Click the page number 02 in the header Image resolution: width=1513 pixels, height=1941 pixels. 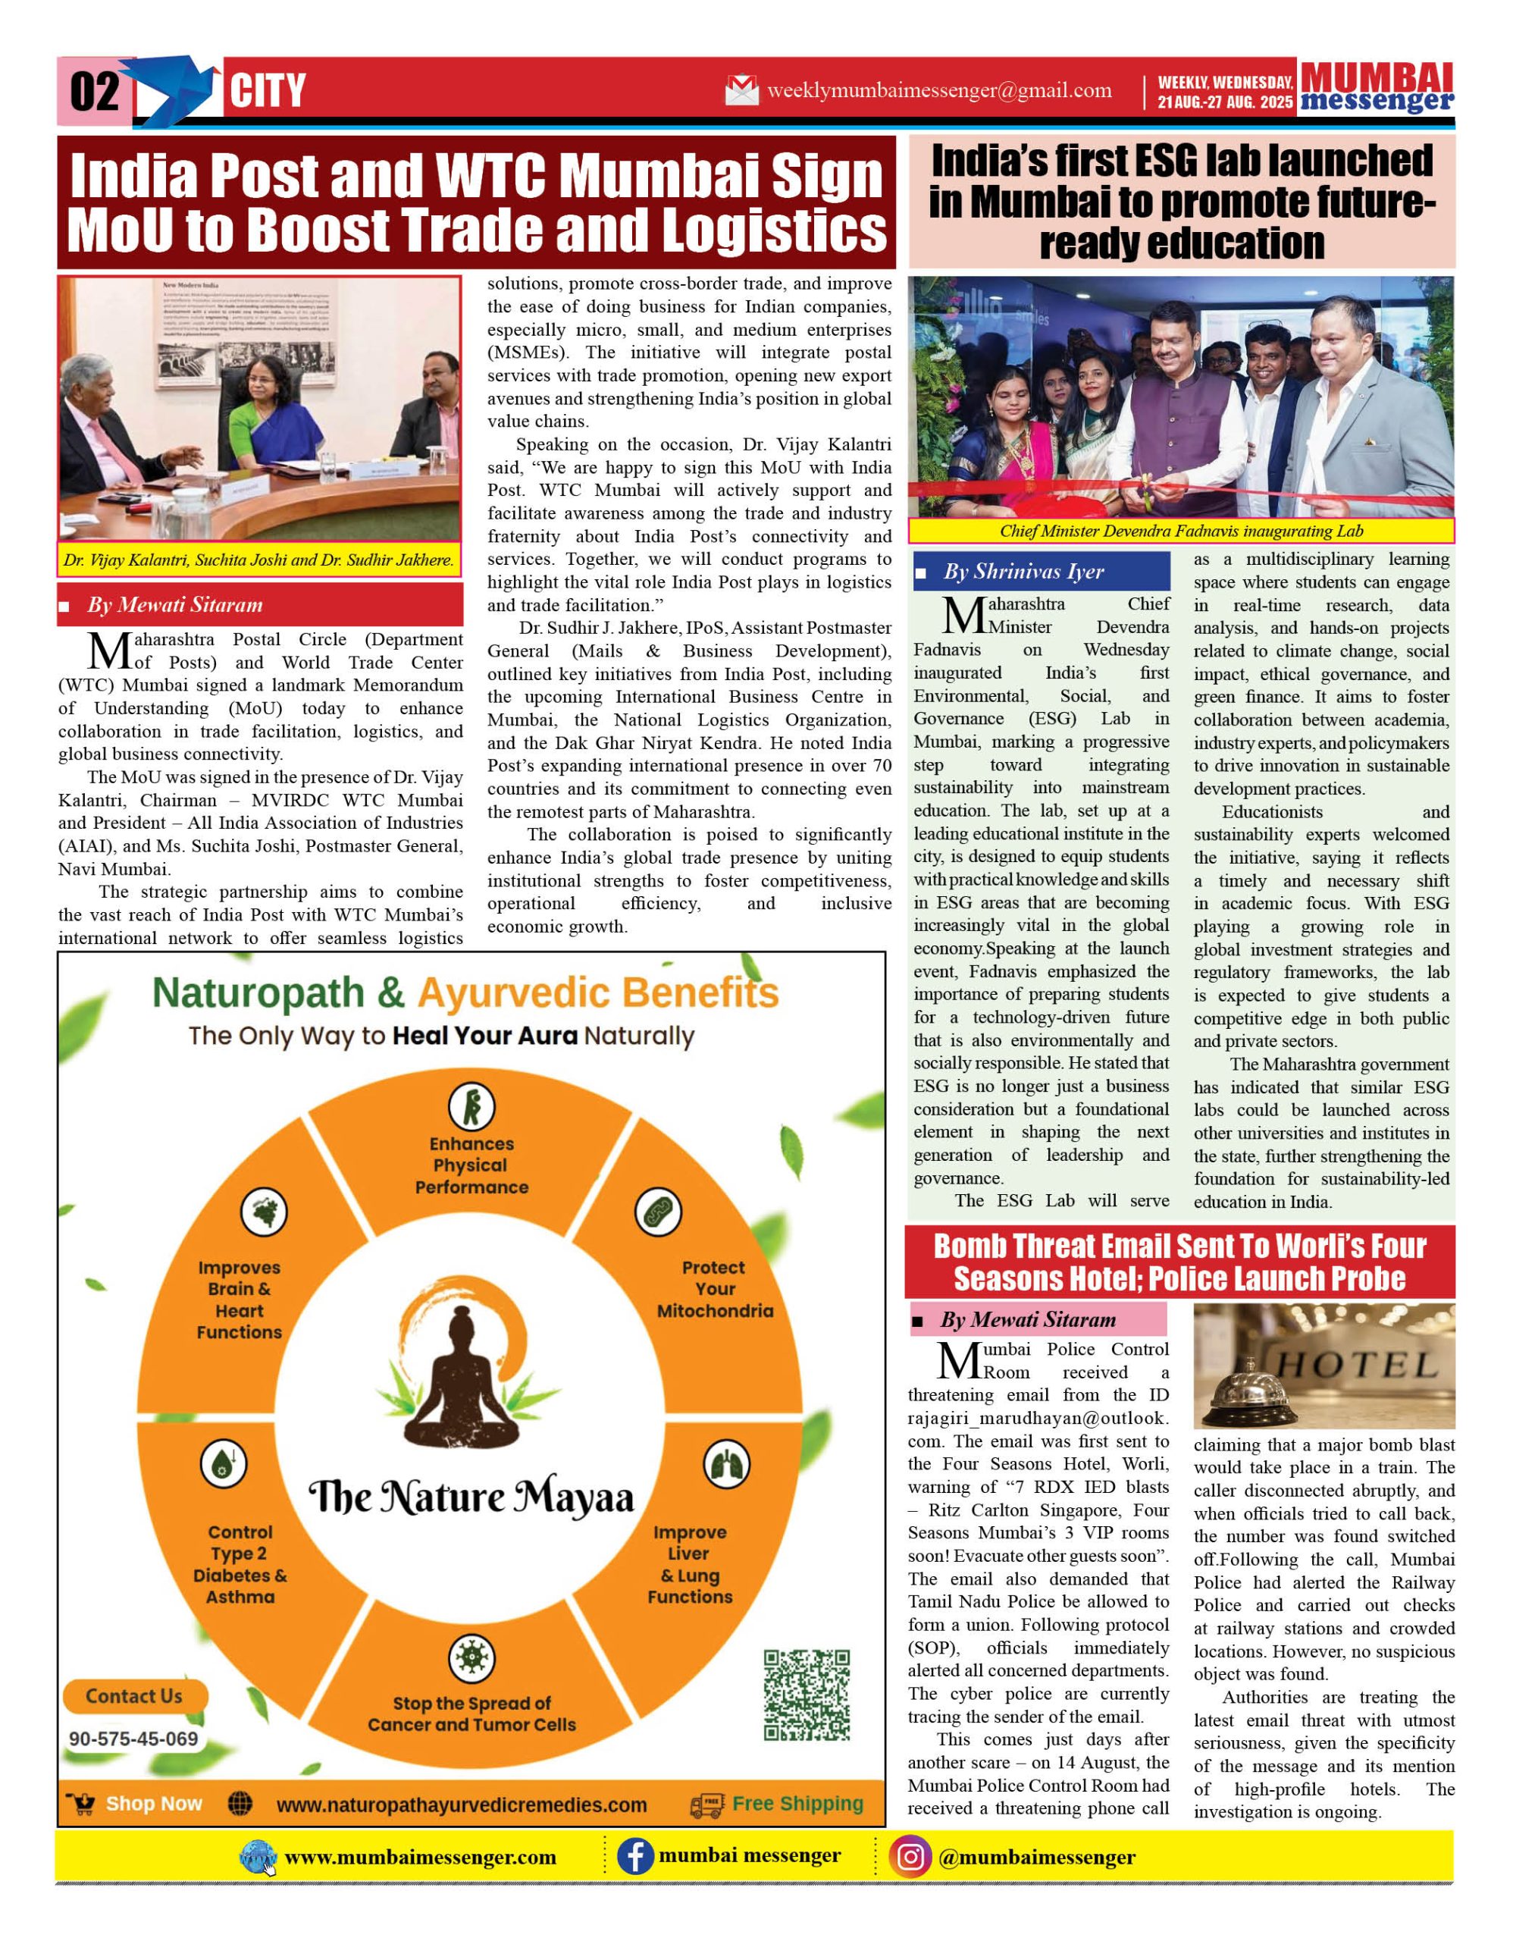pyautogui.click(x=93, y=92)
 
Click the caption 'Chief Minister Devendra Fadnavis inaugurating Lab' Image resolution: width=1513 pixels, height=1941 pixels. pyautogui.click(x=1181, y=532)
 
